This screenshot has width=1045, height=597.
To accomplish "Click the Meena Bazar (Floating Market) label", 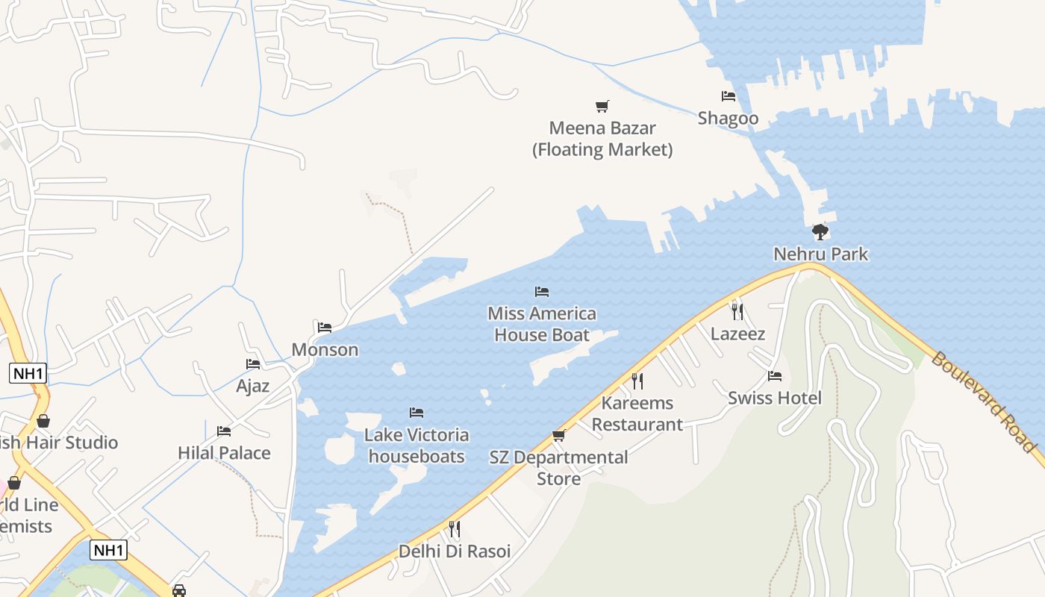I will (x=602, y=139).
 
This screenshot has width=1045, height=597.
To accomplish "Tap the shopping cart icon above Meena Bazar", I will (x=602, y=106).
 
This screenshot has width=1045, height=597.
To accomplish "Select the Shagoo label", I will (x=728, y=118).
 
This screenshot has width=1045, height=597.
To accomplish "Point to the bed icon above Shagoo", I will (x=729, y=96).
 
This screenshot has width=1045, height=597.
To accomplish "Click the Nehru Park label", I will (x=820, y=254).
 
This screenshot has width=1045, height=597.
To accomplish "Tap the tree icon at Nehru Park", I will (x=820, y=232).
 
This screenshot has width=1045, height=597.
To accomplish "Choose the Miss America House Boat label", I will (x=542, y=324).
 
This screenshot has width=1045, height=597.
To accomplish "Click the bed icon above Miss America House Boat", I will (x=542, y=291).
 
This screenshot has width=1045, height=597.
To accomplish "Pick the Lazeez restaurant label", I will (x=737, y=334).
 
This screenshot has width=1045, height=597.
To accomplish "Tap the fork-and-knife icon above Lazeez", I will (x=737, y=311).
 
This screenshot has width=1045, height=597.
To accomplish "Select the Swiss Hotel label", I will (x=775, y=398).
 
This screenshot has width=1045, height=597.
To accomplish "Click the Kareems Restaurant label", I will (x=637, y=413).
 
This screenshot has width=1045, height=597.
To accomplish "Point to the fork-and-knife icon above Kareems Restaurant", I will (x=637, y=381).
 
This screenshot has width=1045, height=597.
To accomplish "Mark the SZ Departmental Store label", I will (x=558, y=468).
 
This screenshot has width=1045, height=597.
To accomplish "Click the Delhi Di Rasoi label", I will (x=455, y=551).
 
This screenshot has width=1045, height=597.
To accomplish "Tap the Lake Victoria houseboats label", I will (x=417, y=446).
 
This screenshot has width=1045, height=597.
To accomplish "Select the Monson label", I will (x=325, y=349).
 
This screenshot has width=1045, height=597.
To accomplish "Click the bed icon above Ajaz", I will (x=253, y=364).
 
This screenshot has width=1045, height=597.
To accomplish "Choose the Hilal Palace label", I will (x=224, y=453).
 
